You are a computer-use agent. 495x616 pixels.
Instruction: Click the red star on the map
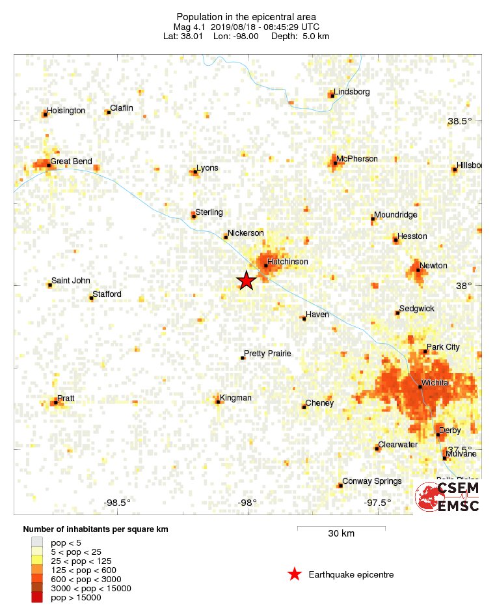[x=246, y=281]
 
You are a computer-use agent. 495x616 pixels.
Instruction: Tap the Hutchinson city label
[x=287, y=262]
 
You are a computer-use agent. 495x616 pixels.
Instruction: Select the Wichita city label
[x=435, y=383]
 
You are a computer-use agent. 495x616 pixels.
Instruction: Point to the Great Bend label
[x=71, y=161]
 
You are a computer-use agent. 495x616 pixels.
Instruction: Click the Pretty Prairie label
[x=268, y=354]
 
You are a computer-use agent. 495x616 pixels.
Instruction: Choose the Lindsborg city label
[x=351, y=92]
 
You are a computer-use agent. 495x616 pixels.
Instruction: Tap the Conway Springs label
[x=371, y=481]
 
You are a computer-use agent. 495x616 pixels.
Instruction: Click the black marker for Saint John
[x=50, y=285]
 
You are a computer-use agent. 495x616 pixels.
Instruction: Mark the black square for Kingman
[x=219, y=402]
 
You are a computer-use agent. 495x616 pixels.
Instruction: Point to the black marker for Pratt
[x=56, y=402]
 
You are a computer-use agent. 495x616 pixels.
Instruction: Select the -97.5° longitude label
[x=378, y=502]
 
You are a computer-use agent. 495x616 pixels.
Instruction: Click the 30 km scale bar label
[x=341, y=534]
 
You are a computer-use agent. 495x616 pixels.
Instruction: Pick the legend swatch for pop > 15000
[x=37, y=598]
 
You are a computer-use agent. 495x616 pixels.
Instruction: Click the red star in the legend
[x=295, y=574]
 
